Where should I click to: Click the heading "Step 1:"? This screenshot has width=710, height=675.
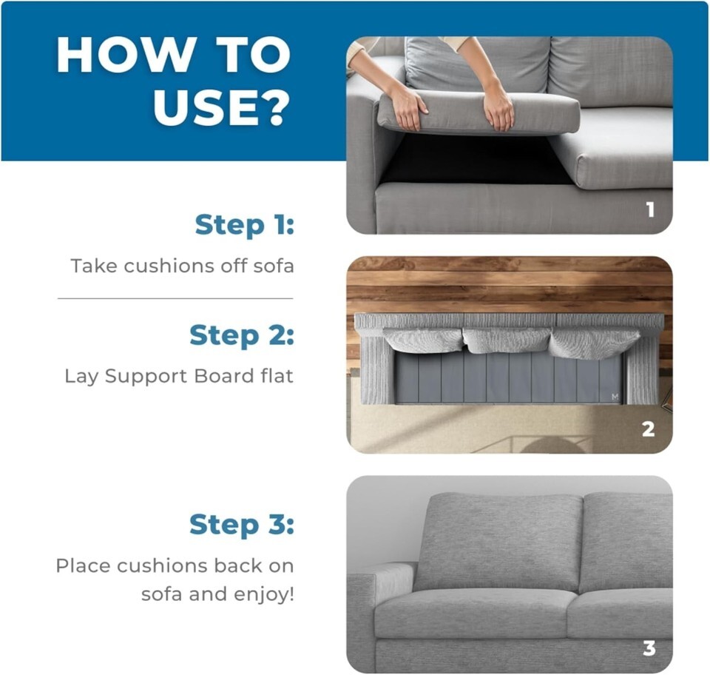coord(245,225)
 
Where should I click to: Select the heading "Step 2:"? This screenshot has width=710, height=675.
coord(242,335)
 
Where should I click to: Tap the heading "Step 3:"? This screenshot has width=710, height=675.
coord(242,525)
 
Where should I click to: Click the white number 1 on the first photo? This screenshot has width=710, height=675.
coord(650,209)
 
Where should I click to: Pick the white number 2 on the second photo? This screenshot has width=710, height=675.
coord(649,429)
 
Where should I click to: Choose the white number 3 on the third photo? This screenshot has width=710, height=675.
coord(649,648)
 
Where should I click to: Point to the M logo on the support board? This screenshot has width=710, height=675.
coord(615,397)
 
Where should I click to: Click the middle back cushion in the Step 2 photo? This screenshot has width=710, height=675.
coord(505,340)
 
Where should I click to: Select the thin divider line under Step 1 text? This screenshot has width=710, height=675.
coord(175,298)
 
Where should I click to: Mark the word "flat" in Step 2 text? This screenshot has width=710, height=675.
coord(277,376)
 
